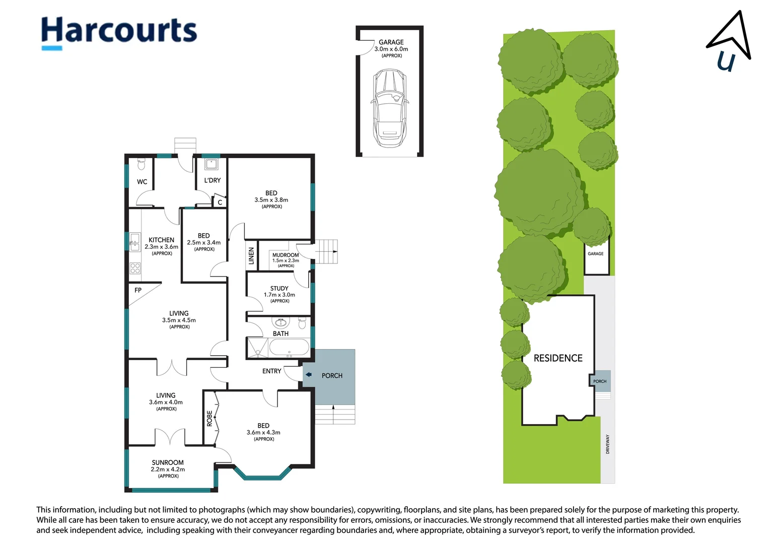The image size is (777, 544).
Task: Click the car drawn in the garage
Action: pos(390,108)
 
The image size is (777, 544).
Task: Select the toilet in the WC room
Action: pos(141,164)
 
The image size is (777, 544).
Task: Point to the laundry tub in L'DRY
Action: pos(211,164)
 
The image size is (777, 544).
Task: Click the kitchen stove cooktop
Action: pos(135,268)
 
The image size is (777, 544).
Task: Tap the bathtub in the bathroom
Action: pos(289,348)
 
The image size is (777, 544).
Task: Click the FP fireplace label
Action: pos(138,290)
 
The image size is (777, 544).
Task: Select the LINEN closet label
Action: pos(251,256)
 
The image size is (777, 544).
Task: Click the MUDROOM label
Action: pos(286,255)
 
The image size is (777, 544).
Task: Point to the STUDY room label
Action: pos(279,288)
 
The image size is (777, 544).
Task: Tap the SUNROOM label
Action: pos(168,462)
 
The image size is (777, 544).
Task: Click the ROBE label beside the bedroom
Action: pos(209,419)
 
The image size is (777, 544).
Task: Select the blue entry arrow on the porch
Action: pos(308,375)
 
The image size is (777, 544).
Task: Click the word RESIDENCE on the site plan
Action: pos(558,358)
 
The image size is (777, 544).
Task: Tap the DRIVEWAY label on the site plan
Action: pos(607,444)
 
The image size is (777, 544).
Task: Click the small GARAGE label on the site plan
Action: pos(596,253)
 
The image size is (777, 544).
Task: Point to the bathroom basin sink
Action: pos(281,322)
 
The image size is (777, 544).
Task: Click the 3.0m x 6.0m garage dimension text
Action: pos(391,49)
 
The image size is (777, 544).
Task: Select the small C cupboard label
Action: pos(220,202)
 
